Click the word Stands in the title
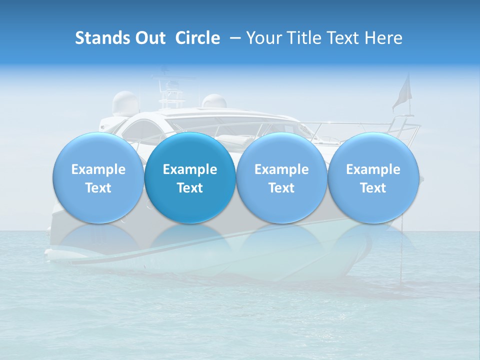coord(101,38)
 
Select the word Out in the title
coord(149,38)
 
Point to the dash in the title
coord(233,38)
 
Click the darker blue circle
coord(190,178)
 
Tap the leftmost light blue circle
coord(98,178)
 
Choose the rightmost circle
coord(373,178)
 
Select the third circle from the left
coord(281,178)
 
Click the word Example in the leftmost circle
coord(98,169)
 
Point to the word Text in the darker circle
coord(190,188)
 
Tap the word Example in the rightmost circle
coord(373,169)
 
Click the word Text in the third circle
coord(281,188)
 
